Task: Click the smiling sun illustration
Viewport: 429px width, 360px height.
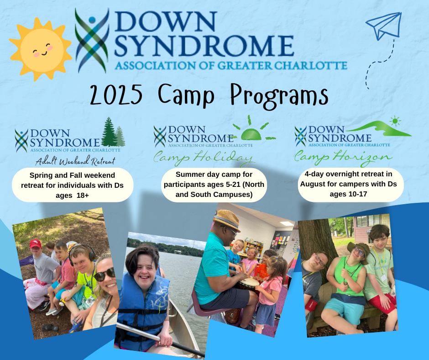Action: (41, 49)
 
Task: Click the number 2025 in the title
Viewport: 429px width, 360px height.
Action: (116, 95)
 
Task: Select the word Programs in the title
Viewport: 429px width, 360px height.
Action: (279, 96)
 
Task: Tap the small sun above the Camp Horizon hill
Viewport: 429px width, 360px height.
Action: (395, 121)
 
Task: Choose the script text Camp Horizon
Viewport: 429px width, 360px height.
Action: (343, 158)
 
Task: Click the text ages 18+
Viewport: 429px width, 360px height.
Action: (72, 196)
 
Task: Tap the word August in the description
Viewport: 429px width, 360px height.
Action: (313, 184)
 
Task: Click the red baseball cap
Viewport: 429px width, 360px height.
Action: (35, 244)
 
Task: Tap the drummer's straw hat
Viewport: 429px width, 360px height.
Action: (227, 220)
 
